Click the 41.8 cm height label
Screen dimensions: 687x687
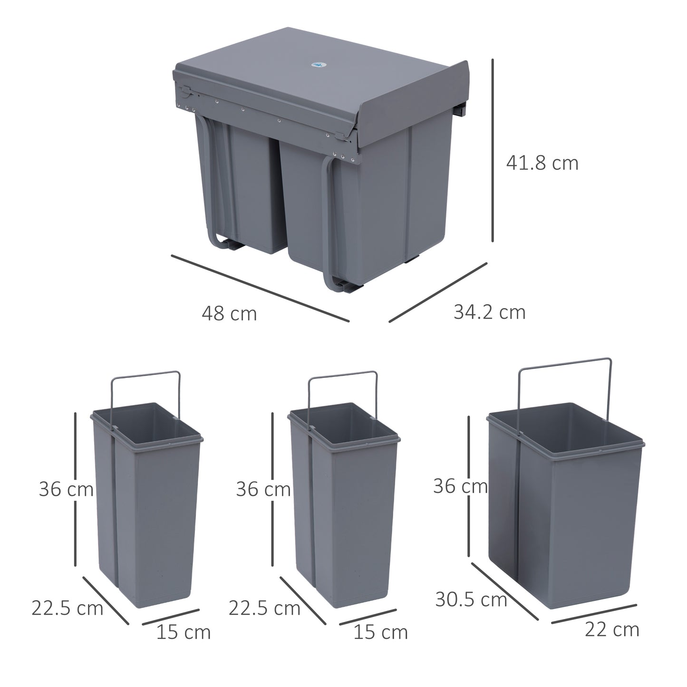[x=542, y=164]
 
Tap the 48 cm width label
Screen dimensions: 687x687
[x=229, y=314]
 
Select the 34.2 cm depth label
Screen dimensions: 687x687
[x=489, y=312]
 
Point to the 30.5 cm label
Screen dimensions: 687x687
[x=471, y=600]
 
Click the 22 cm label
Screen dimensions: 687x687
[x=612, y=629]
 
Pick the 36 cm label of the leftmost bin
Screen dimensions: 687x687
[x=66, y=489]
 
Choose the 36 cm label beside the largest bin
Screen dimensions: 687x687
[x=460, y=486]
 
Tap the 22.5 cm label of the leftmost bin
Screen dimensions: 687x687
[x=67, y=608]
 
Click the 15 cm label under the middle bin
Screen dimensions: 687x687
[x=380, y=632]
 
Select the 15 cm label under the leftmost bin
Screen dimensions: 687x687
[x=183, y=632]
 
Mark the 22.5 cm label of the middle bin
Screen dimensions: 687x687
[x=264, y=608]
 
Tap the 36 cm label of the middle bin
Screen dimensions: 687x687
[x=263, y=489]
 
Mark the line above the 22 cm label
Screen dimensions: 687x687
[x=594, y=613]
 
